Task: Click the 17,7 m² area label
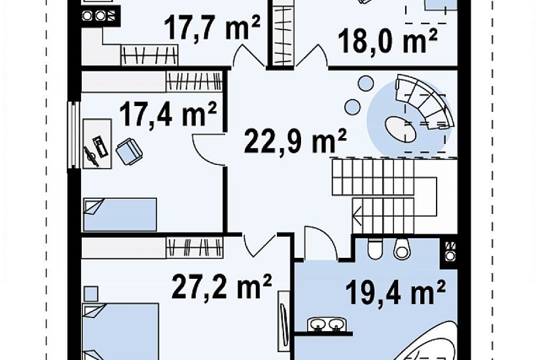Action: click(212, 27)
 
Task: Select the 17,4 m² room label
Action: click(168, 113)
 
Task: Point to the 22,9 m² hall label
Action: click(295, 139)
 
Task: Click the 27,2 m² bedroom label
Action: click(222, 285)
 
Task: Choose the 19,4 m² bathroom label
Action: click(395, 292)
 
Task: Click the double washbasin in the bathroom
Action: click(328, 325)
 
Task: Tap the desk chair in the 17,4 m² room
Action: click(129, 151)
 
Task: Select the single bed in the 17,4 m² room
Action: click(120, 214)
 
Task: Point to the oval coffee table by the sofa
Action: click(400, 128)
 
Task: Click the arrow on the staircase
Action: click(357, 215)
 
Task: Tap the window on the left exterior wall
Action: click(74, 135)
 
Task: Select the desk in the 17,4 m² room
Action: click(97, 143)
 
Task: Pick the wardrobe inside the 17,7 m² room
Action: click(149, 55)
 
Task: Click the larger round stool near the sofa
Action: click(365, 83)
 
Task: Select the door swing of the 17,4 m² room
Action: click(207, 150)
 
